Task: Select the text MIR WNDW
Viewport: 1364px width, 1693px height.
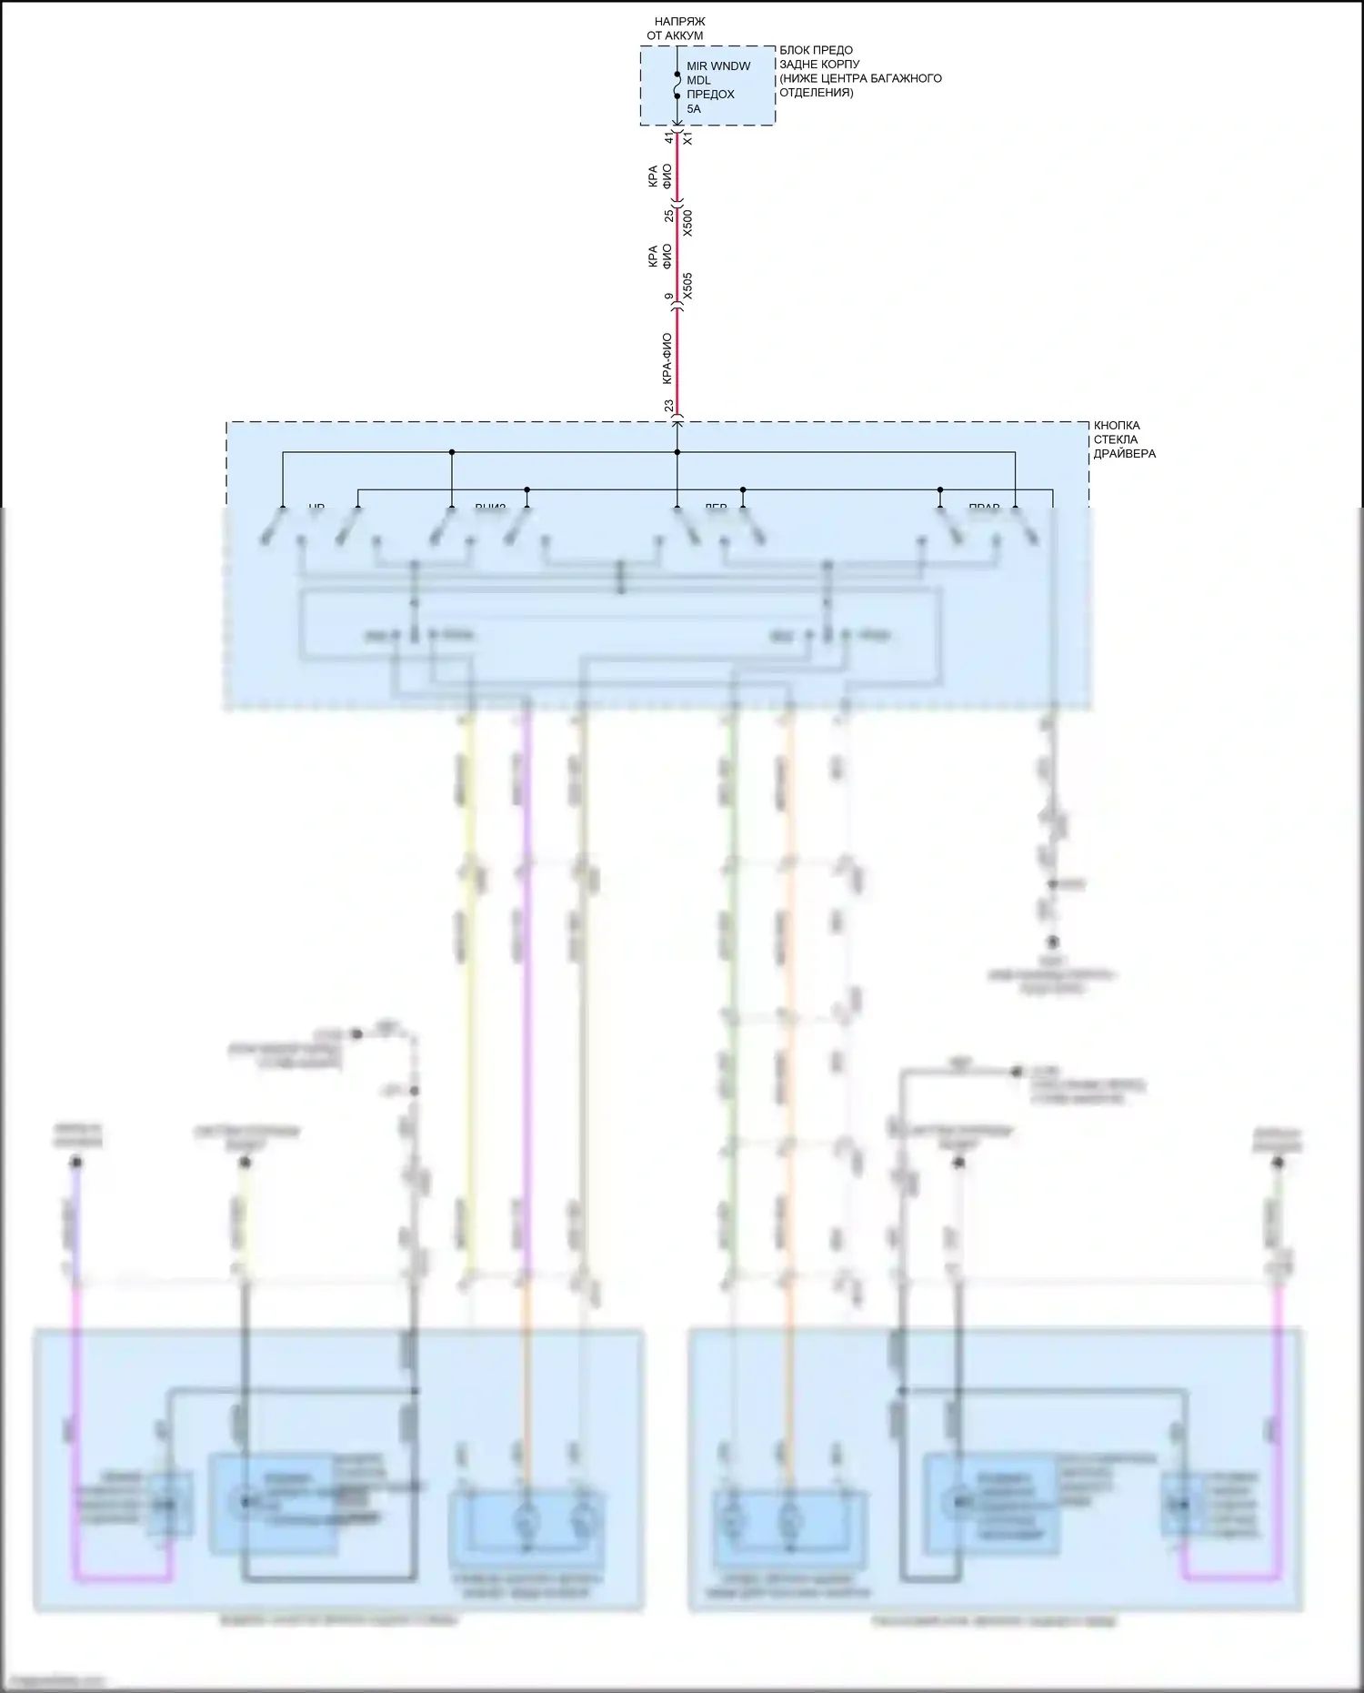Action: click(718, 66)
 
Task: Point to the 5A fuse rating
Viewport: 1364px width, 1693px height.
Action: click(694, 109)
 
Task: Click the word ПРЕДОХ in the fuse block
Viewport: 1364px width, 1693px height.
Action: click(710, 95)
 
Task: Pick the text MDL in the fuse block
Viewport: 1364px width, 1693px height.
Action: click(698, 80)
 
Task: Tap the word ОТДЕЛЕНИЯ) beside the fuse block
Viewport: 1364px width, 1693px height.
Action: click(816, 93)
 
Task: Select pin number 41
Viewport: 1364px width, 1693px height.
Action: click(668, 137)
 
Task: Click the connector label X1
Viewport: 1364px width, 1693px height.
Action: click(687, 138)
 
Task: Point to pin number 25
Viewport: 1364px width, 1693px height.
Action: click(668, 216)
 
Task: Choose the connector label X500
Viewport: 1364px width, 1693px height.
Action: click(687, 223)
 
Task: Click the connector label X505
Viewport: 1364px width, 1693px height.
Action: click(687, 286)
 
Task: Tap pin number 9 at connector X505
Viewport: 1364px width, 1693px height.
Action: click(668, 297)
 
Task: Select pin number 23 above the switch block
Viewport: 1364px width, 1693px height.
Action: click(668, 406)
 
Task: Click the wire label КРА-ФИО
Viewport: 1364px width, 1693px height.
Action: click(667, 358)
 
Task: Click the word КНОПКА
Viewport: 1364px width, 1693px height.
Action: click(1117, 426)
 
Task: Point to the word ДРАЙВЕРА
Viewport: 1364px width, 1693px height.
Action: click(1125, 454)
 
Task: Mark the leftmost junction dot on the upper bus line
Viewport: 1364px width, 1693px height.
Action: click(452, 452)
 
